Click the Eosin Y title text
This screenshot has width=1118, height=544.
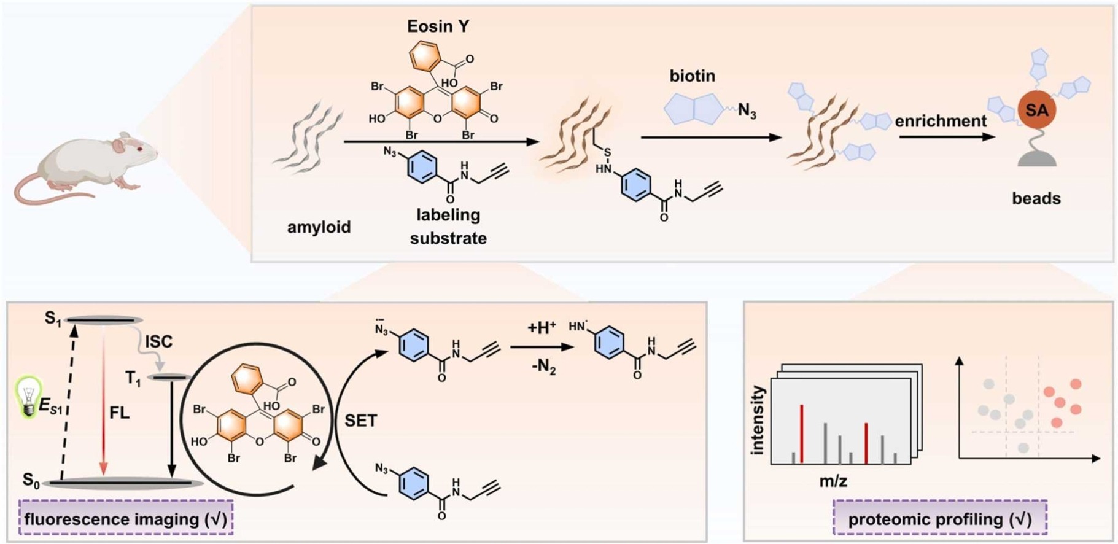(x=438, y=26)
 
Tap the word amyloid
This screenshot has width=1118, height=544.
(x=319, y=227)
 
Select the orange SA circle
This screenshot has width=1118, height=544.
(x=1036, y=111)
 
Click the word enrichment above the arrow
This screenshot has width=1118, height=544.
(x=941, y=121)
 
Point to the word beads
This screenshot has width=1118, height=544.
(x=1036, y=198)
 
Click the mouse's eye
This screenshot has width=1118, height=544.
(x=141, y=149)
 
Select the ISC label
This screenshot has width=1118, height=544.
(x=158, y=341)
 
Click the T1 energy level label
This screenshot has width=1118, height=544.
(x=133, y=379)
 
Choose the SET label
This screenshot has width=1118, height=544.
(x=360, y=421)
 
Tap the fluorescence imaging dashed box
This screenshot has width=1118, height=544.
(x=126, y=519)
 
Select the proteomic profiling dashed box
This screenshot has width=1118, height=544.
(x=939, y=519)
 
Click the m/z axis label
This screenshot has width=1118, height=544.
(x=833, y=481)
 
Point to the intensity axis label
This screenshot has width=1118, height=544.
(x=758, y=421)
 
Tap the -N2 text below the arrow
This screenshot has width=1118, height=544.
(x=543, y=368)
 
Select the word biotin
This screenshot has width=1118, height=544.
(x=692, y=76)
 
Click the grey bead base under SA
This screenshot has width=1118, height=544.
(x=1037, y=160)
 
